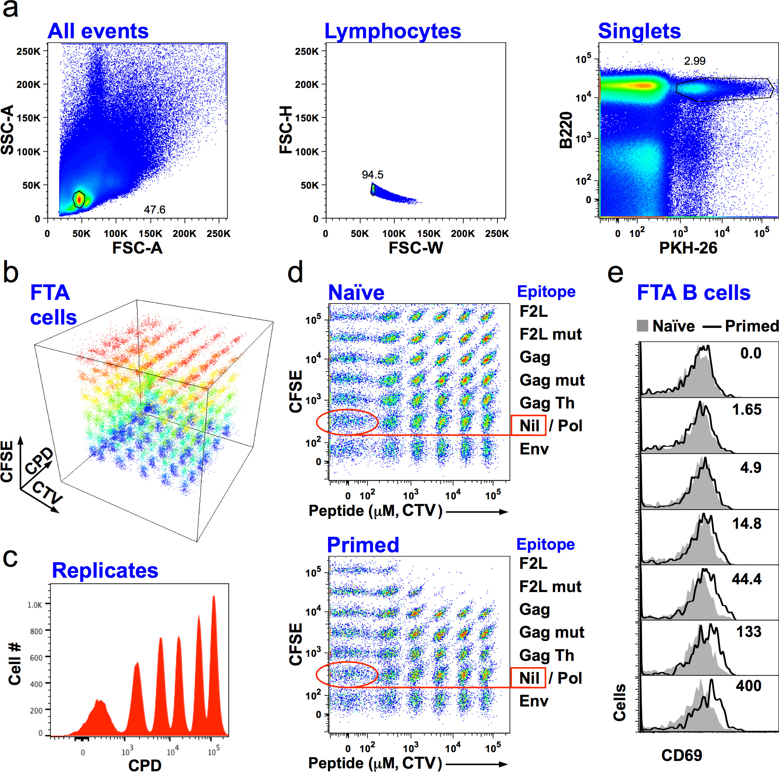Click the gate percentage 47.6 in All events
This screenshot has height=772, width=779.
pyautogui.click(x=155, y=209)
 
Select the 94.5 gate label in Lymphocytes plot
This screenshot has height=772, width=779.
pyautogui.click(x=372, y=175)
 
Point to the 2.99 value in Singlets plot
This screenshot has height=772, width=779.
pyautogui.click(x=695, y=61)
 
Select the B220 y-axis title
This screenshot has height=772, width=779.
pyautogui.click(x=567, y=130)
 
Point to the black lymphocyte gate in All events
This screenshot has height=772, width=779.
pyautogui.click(x=79, y=199)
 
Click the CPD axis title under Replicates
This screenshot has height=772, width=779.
pyautogui.click(x=145, y=765)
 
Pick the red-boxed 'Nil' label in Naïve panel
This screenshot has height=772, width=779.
pyautogui.click(x=528, y=426)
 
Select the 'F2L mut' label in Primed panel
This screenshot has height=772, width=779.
pyautogui.click(x=550, y=587)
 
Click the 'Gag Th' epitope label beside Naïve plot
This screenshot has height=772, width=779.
pyautogui.click(x=547, y=403)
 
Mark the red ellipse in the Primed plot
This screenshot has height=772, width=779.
pyautogui.click(x=347, y=674)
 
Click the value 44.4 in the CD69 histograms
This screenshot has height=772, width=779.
pyautogui.click(x=746, y=579)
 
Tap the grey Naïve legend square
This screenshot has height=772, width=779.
pyautogui.click(x=642, y=326)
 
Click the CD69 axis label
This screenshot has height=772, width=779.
pyautogui.click(x=681, y=755)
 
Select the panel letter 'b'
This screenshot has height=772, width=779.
pyautogui.click(x=11, y=272)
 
